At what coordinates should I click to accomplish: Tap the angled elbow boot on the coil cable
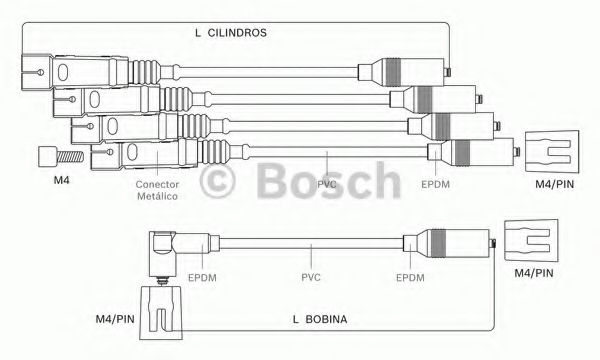[x=171, y=248]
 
